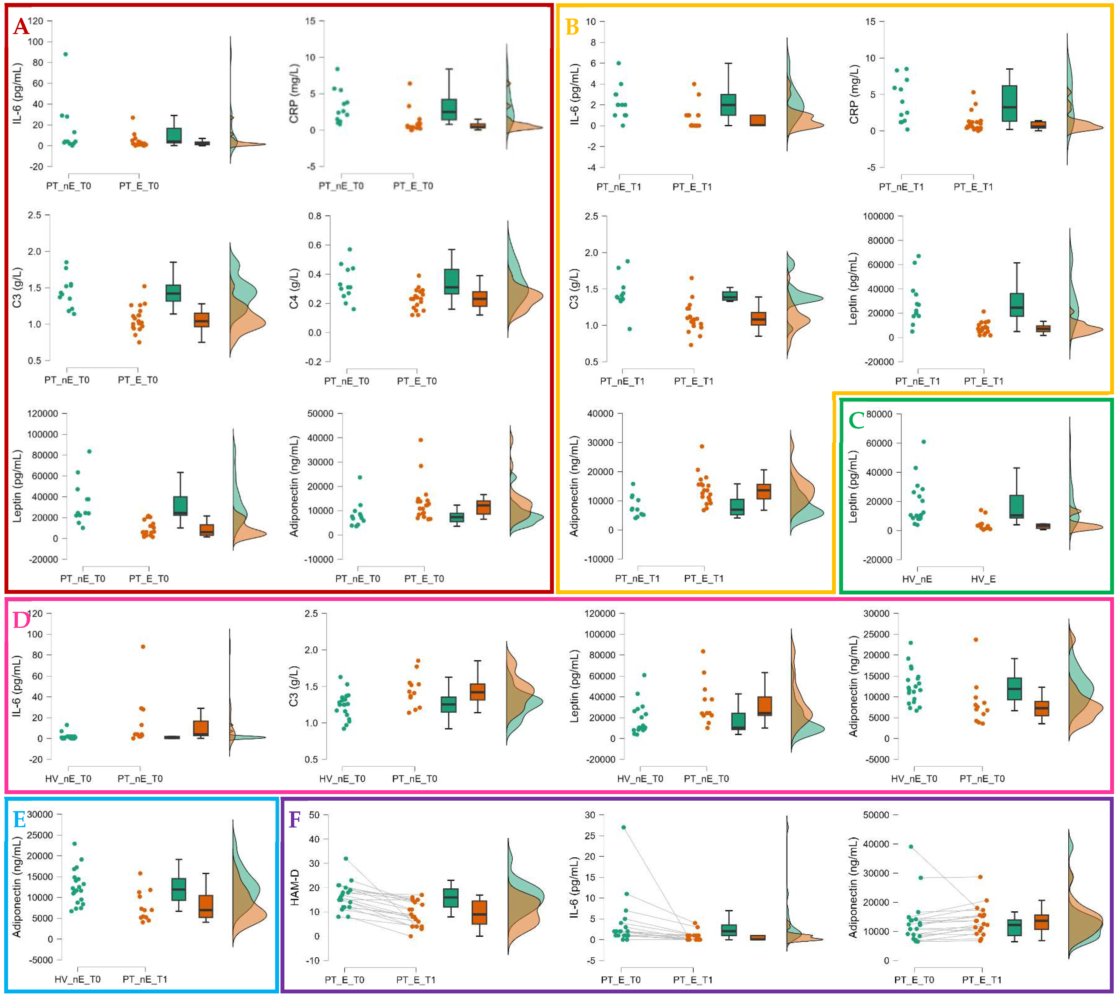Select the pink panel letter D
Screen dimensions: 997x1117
click(x=21, y=621)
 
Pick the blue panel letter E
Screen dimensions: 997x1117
click(x=19, y=820)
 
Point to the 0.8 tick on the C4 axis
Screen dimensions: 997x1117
click(x=315, y=216)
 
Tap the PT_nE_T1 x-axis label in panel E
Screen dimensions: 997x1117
click(x=145, y=979)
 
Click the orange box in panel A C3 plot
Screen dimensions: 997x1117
click(x=202, y=320)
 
